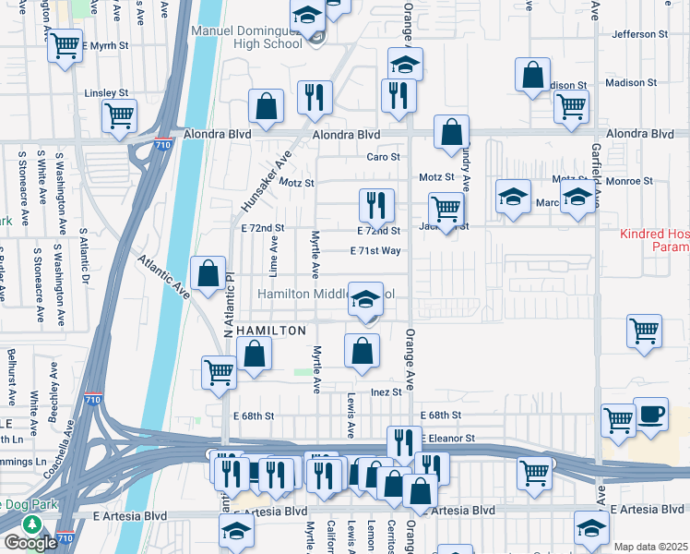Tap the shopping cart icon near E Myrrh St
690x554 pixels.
pos(65,45)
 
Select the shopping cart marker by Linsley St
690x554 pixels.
pos(119,115)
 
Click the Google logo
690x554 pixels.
pos(30,543)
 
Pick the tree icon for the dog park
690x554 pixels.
pos(31,524)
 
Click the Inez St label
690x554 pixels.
pos(387,391)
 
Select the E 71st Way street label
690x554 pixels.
pos(375,251)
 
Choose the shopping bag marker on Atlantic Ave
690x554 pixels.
pos(208,273)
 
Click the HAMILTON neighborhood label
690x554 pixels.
pos(271,330)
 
